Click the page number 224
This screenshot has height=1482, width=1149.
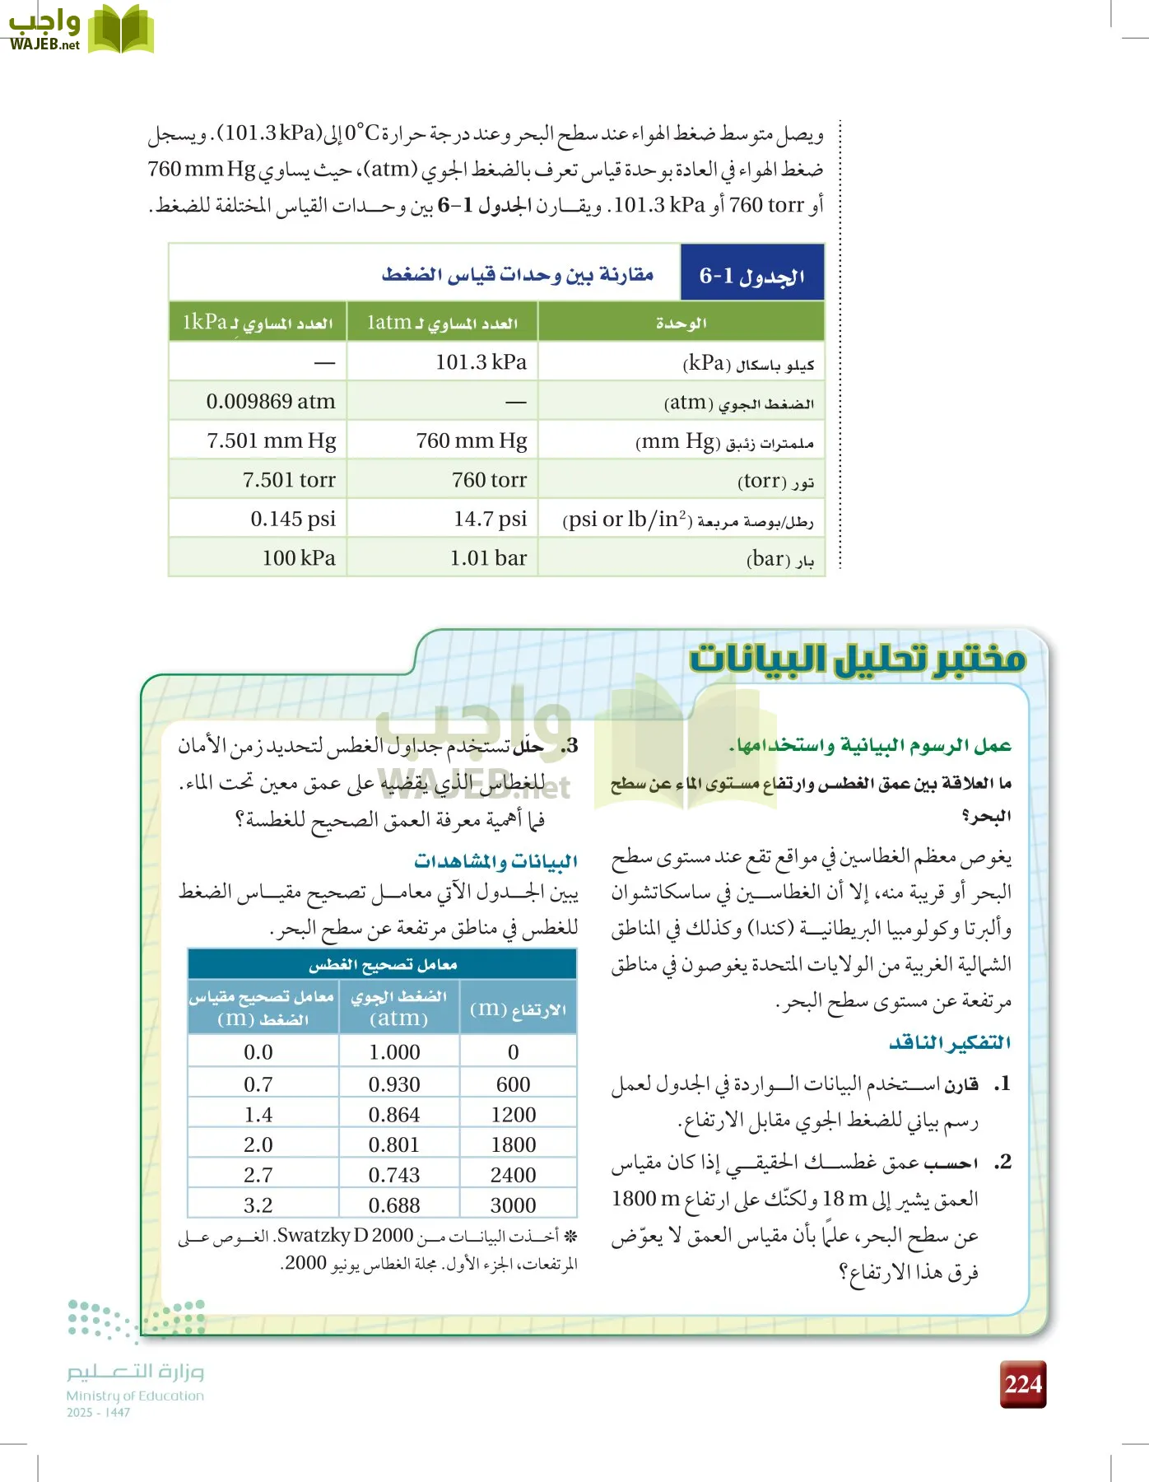(1023, 1384)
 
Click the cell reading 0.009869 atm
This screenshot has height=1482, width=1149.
(271, 402)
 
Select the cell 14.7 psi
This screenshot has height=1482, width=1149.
(490, 519)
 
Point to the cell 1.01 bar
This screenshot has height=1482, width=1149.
(488, 558)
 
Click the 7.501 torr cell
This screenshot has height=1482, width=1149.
(289, 480)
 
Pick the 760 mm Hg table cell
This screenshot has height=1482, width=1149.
(471, 440)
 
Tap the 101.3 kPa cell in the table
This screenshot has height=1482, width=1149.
(481, 362)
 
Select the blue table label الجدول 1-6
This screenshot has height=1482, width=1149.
(751, 275)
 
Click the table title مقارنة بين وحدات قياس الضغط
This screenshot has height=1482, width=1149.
(518, 274)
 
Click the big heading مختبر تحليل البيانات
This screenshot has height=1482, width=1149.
(857, 659)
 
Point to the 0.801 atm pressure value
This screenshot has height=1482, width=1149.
(394, 1144)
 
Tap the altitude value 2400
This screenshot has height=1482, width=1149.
(513, 1175)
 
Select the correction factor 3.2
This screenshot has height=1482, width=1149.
(258, 1205)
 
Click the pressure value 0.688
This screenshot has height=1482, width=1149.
(394, 1205)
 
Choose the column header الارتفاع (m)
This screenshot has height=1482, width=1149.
(518, 1009)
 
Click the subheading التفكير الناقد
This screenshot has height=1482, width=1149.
(949, 1042)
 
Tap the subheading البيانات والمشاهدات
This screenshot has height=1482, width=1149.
(495, 861)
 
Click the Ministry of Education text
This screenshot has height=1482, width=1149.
(135, 1396)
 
